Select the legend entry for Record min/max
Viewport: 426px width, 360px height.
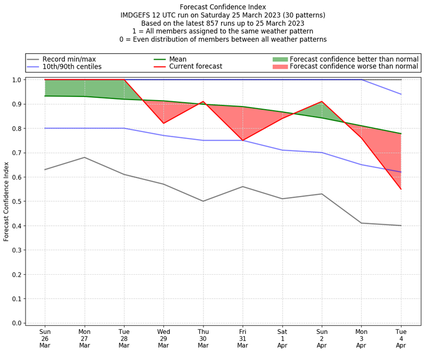[69, 59]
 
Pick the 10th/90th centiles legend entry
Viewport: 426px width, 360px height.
[72, 67]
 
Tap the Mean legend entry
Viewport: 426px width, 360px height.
[181, 59]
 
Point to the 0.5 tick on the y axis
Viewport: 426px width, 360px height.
[17, 201]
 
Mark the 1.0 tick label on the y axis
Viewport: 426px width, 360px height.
[17, 80]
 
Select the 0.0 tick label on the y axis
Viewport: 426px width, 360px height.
[17, 323]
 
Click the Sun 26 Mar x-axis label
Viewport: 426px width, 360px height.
[45, 338]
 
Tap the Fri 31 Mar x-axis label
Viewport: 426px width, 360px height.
[243, 338]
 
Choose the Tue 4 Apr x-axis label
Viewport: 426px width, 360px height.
[401, 338]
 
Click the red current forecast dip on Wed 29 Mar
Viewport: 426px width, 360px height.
[163, 124]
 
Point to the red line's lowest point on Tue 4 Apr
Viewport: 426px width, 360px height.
[401, 189]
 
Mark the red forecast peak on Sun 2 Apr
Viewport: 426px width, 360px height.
[322, 101]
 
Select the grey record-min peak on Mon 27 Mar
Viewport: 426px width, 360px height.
[84, 157]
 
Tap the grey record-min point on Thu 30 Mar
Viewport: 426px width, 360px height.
[203, 201]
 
